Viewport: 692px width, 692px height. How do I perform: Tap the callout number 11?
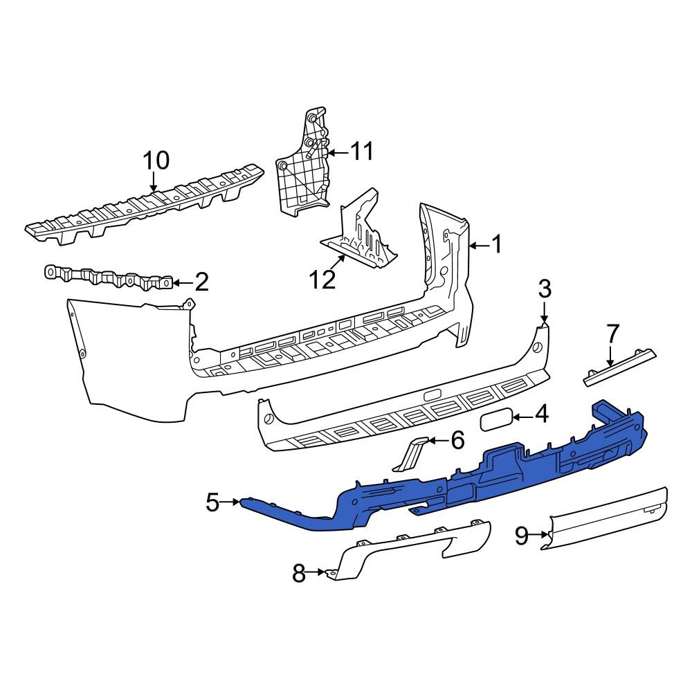coord(362,152)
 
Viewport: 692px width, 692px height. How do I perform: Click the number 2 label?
coord(201,282)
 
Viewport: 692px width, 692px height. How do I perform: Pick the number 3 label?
coord(545,289)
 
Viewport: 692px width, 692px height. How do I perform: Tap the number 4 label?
coord(542,415)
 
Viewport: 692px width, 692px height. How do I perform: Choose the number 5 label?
coord(212,502)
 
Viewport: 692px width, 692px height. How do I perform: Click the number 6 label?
coord(457,440)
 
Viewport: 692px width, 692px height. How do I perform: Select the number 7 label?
coord(613,334)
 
